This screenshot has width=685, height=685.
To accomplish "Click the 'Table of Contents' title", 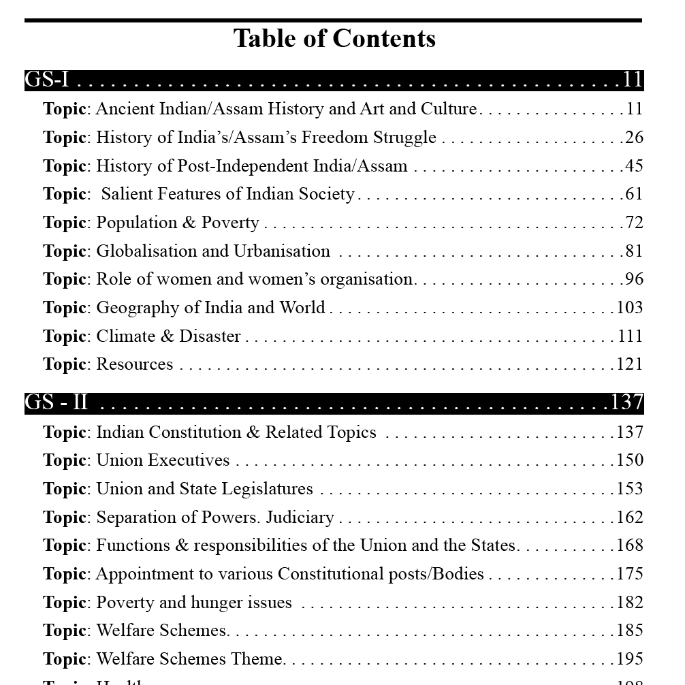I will (x=334, y=39).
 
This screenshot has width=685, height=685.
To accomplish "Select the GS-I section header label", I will (x=47, y=80).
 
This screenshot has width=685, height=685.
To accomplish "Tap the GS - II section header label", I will (x=57, y=402).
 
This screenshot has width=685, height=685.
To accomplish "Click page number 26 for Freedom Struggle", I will (x=634, y=138).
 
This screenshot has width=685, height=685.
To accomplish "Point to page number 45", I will (x=634, y=166).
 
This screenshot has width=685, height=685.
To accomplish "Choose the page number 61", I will (x=634, y=194).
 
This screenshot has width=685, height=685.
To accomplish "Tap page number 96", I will (x=634, y=279).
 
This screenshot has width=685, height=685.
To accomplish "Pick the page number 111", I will (x=630, y=336).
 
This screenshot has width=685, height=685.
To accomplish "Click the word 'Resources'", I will (x=135, y=364).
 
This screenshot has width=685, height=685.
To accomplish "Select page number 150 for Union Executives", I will (x=630, y=460).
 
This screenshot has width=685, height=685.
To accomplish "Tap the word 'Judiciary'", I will (x=300, y=517).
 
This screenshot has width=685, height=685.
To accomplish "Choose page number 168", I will (x=630, y=545).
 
